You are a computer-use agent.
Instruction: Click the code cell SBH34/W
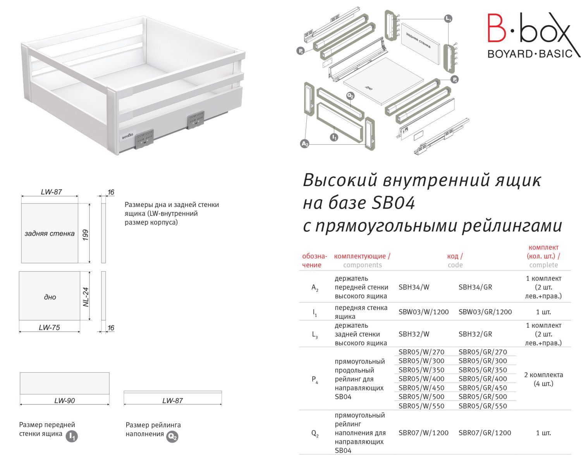[414, 287]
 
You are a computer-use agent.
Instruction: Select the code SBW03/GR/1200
[485, 312]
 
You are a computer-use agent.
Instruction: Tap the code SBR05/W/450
[421, 388]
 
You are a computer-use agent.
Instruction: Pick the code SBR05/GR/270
[483, 352]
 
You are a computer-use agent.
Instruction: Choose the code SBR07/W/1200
[423, 433]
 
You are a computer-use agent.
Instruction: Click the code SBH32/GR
[475, 334]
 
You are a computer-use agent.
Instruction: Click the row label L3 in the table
[315, 335]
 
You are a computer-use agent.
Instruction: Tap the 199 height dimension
[86, 234]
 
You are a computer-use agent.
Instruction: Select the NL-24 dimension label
[86, 297]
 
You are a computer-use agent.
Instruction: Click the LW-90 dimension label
[64, 401]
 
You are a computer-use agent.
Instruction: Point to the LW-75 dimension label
[49, 328]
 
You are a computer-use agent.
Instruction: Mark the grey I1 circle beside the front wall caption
[72, 436]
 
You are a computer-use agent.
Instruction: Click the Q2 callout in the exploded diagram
[350, 95]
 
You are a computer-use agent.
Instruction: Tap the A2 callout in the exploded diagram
[305, 144]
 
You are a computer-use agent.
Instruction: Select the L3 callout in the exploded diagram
[448, 18]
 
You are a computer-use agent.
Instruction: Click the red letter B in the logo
[496, 27]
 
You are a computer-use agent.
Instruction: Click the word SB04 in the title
[393, 203]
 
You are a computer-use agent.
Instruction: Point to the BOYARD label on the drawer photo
[127, 137]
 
